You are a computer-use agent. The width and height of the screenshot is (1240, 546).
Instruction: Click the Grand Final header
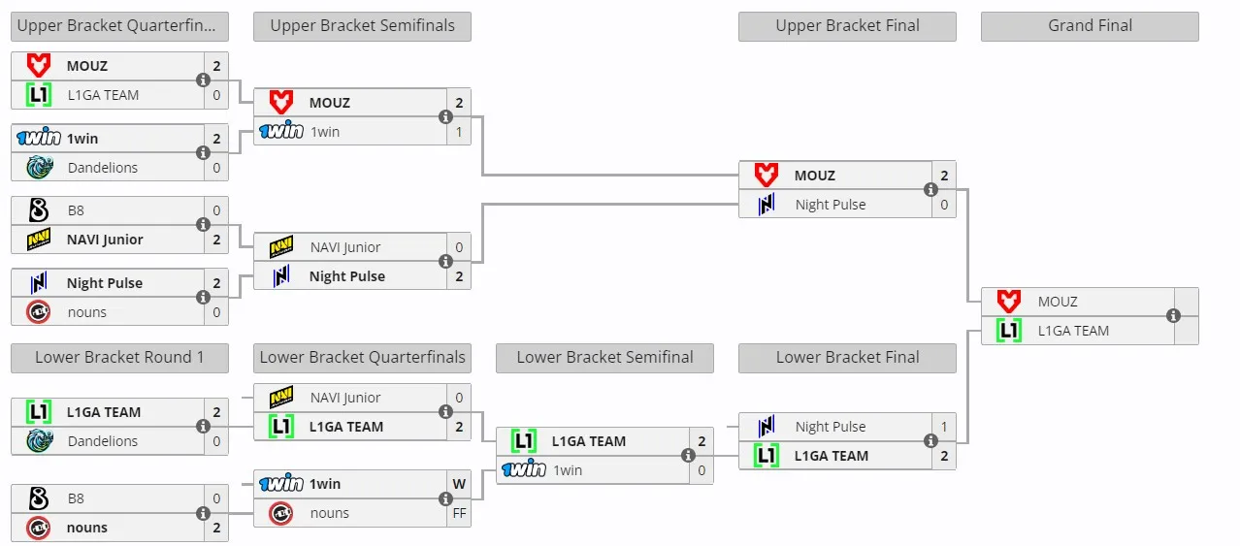[1090, 26]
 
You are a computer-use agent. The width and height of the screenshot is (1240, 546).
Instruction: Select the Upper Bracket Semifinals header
[362, 26]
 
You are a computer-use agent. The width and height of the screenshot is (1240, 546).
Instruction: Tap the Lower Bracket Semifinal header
[604, 357]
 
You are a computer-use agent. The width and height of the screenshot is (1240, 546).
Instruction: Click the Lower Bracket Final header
[847, 357]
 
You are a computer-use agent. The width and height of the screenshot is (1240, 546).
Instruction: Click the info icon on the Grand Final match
[1173, 316]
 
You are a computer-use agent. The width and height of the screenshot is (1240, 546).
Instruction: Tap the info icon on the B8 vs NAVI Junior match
[203, 225]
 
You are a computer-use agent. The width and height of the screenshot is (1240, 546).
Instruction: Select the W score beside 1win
[459, 484]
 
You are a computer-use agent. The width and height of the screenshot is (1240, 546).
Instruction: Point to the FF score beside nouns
[459, 513]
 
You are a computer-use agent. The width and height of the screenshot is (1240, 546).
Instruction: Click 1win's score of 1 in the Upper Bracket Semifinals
[459, 132]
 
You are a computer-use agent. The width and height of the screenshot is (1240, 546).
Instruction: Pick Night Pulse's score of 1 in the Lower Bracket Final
[944, 427]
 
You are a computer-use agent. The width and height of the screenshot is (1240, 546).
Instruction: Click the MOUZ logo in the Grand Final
[1009, 301]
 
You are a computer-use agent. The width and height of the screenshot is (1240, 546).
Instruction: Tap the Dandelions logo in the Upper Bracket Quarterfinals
[40, 167]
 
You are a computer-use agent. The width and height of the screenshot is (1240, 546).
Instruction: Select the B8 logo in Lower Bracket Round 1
[39, 498]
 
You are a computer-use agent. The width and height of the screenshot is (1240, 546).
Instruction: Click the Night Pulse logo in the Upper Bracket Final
[767, 204]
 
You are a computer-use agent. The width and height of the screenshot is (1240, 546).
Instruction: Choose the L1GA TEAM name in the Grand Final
[1073, 331]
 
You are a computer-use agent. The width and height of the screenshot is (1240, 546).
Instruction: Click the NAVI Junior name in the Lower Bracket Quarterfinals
[345, 398]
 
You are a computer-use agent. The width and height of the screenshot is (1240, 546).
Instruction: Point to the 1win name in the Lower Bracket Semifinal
[568, 470]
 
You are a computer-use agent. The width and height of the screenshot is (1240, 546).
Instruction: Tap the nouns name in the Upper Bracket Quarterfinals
[87, 312]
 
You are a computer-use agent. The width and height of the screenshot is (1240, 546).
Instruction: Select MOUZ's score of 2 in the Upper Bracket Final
[944, 176]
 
